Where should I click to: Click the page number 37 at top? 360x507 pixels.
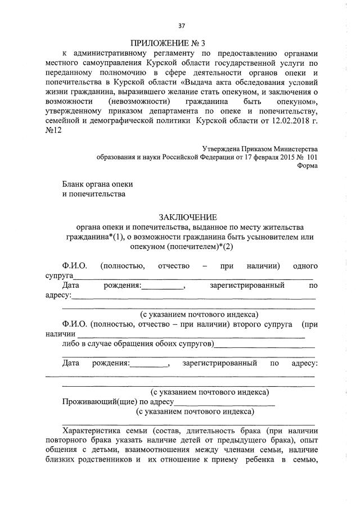(182, 26)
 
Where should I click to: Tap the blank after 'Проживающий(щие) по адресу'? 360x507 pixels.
(224, 402)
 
